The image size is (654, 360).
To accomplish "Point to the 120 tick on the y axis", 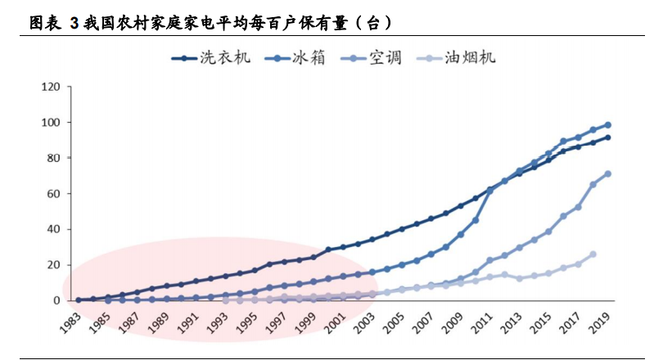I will pos(51,87).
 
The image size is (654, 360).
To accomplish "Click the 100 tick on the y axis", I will pos(51,123).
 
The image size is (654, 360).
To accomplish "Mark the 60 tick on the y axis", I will pos(53,194).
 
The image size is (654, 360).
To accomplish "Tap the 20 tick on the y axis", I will pos(53,265).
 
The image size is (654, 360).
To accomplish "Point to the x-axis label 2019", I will pos(602,322).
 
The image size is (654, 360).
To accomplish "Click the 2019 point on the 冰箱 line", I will pos(608,125).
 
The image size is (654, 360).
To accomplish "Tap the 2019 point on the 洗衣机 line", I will pos(608,137).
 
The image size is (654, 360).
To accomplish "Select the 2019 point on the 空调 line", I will pos(608,173).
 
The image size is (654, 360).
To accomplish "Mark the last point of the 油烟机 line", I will pos(593,254).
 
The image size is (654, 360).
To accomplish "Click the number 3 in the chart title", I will pos(74,23).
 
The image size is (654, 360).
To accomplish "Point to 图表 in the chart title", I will pos(44,23).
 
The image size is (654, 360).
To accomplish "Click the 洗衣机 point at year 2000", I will pos(328,250).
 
